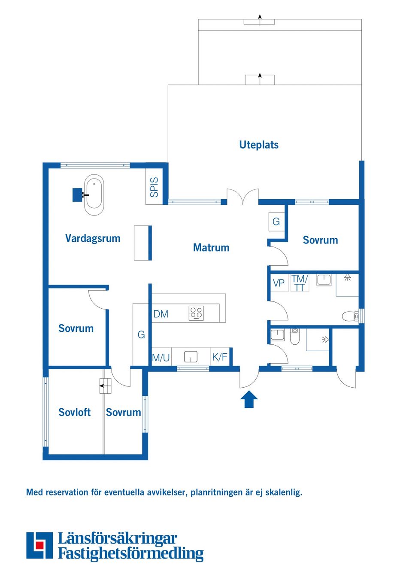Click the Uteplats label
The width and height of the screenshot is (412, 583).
[258, 145]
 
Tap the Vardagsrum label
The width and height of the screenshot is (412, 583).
[93, 238]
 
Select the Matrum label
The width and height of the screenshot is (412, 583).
[211, 248]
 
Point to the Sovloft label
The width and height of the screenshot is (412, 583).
[74, 412]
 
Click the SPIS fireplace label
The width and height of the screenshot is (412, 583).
[154, 187]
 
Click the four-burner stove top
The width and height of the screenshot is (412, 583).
[196, 313]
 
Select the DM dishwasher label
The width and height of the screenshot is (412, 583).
[161, 314]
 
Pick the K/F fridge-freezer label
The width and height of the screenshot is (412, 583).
[219, 357]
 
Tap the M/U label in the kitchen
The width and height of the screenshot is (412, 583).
[161, 358]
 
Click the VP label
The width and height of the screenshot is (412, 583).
[279, 283]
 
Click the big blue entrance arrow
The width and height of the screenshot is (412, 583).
[249, 399]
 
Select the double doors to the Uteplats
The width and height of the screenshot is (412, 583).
[243, 197]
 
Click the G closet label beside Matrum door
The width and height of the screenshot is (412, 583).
[276, 222]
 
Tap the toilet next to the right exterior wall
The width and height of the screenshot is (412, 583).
[350, 317]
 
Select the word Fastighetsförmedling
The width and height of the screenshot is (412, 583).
[130, 553]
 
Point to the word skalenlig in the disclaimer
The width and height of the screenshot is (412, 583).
[283, 492]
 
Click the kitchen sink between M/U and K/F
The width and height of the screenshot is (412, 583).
[191, 357]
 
